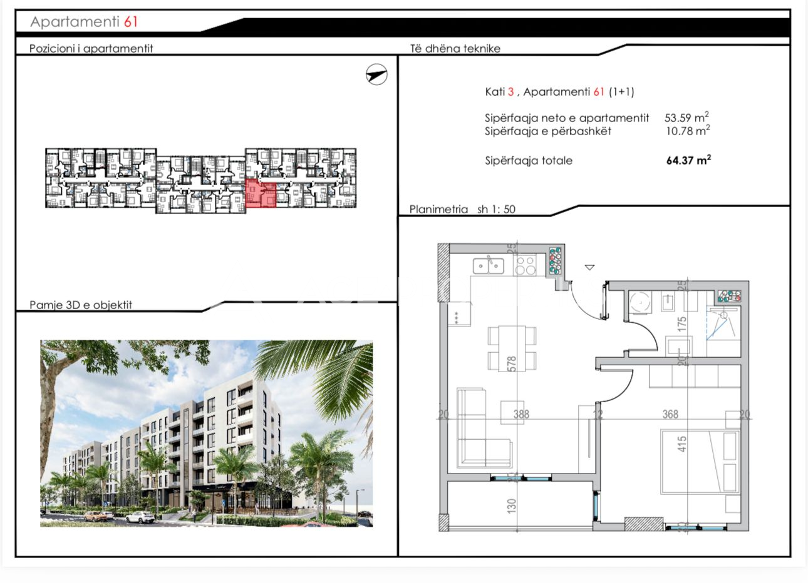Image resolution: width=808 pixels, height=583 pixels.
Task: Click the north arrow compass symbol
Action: [x=376, y=74]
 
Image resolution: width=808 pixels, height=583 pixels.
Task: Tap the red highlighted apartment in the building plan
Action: [x=261, y=193]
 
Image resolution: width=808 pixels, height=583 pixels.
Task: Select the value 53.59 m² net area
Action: [x=686, y=117]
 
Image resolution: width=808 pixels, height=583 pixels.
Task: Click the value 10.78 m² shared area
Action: [x=688, y=131]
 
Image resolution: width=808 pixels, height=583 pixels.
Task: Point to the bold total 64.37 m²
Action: [x=688, y=160]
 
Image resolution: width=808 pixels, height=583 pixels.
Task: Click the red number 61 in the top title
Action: [x=130, y=22]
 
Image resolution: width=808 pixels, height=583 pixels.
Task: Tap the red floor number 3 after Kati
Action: [x=510, y=91]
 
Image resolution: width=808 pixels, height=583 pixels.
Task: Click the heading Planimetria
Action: [x=438, y=209]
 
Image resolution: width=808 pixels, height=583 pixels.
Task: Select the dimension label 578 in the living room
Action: [x=512, y=363]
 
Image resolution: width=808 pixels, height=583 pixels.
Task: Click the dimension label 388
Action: [x=521, y=414]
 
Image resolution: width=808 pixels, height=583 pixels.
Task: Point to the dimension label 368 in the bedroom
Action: [x=670, y=414]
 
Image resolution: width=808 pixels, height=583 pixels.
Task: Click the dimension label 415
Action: [x=681, y=444]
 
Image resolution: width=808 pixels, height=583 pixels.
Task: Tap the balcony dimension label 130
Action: [x=512, y=506]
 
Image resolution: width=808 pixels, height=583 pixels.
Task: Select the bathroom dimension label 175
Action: [x=681, y=324]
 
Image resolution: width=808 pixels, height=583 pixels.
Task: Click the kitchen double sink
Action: [x=489, y=266]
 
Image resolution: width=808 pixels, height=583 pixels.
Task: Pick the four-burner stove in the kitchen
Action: [x=526, y=265]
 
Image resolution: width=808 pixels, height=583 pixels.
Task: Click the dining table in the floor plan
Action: [x=512, y=348]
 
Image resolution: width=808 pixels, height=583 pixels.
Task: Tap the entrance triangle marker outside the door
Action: [x=589, y=267]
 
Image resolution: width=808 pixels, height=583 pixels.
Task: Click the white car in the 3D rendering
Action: [x=140, y=518]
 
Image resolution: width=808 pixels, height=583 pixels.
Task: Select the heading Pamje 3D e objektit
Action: [x=81, y=305]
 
